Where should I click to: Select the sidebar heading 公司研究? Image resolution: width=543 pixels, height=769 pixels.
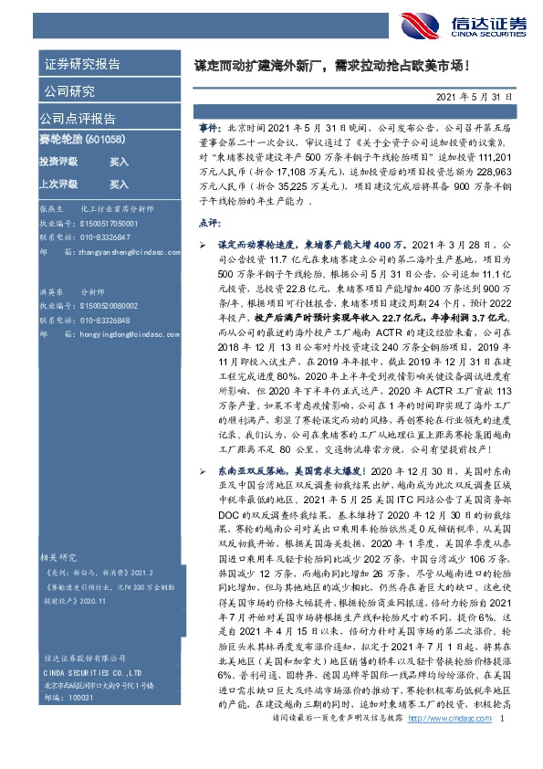click(69, 90)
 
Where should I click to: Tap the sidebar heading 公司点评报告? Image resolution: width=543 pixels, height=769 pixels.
click(78, 118)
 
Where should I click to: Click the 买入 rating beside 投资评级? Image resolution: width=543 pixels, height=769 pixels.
click(119, 161)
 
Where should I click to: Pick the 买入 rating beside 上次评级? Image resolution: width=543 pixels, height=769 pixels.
click(119, 183)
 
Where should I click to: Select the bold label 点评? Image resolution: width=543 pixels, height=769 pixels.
click(207, 222)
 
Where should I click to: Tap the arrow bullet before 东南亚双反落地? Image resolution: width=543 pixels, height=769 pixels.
click(203, 469)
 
